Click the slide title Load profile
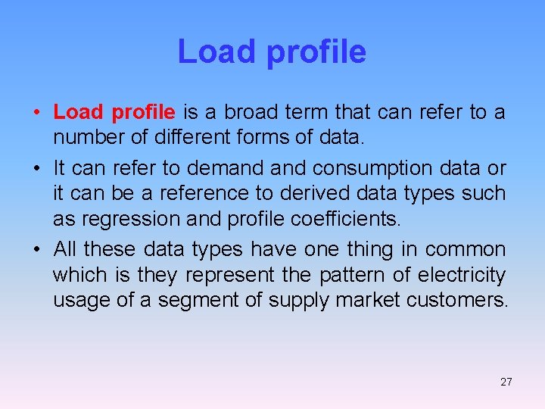pyautogui.click(x=272, y=52)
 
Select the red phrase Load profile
pyautogui.click(x=114, y=113)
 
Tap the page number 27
pyautogui.click(x=506, y=382)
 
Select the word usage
pyautogui.click(x=79, y=301)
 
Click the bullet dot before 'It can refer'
pyautogui.click(x=36, y=168)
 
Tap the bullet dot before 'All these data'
pyautogui.click(x=36, y=250)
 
